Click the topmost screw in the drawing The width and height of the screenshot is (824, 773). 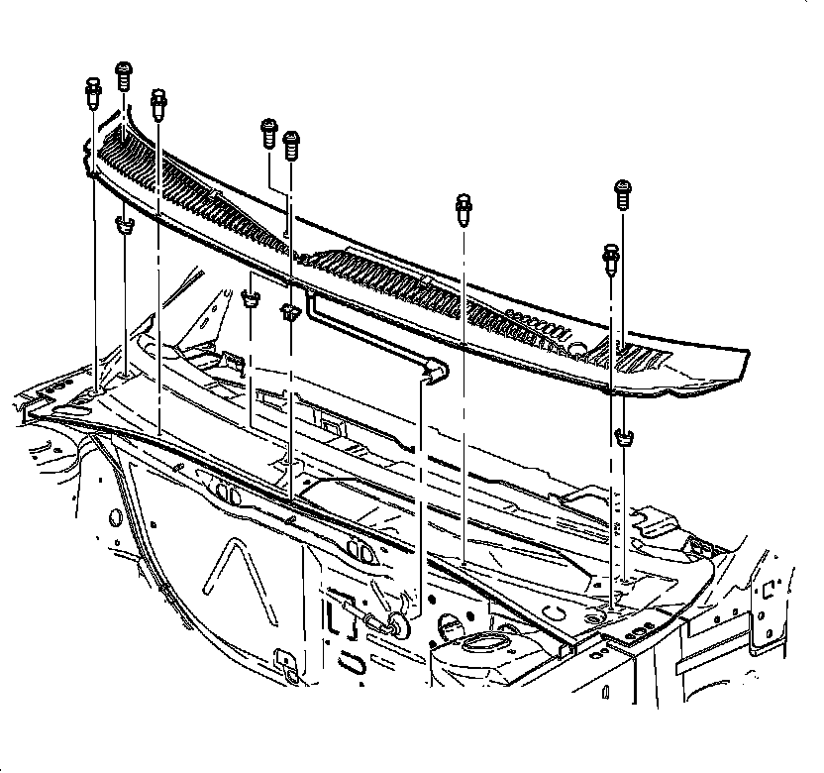click(124, 74)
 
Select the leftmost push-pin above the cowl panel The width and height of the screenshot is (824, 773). click(91, 91)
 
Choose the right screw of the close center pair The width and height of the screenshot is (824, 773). click(291, 144)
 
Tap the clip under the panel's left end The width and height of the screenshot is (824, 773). click(124, 226)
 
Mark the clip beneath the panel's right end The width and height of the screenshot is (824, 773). click(624, 436)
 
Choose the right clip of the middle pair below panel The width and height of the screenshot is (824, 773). click(289, 313)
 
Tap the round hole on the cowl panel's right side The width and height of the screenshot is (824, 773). click(578, 348)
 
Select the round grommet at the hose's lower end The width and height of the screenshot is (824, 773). click(398, 623)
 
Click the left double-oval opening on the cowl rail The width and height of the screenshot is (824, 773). click(229, 494)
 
